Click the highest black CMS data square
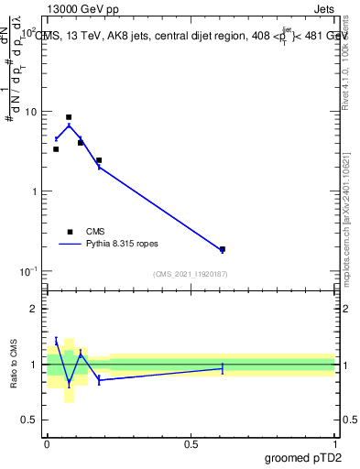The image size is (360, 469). click(69, 117)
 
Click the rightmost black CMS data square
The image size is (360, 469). click(222, 249)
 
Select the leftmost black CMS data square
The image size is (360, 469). click(56, 149)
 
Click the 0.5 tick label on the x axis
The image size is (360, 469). click(191, 442)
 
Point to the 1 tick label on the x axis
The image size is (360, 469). click(335, 442)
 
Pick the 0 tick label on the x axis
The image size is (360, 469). click(47, 442)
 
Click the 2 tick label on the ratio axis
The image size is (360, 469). click(34, 309)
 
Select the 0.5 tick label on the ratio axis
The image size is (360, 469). click(29, 420)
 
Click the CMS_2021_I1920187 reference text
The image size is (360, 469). click(191, 274)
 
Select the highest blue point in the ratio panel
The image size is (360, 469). click(56, 341)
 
